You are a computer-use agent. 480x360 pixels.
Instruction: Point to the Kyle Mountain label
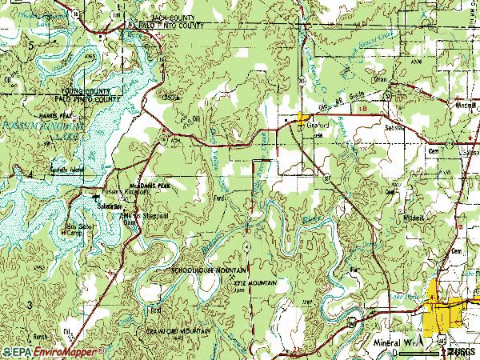[256, 283]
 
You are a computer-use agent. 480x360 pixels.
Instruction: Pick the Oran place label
[379, 80]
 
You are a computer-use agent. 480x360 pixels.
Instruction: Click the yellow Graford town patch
[302, 118]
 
